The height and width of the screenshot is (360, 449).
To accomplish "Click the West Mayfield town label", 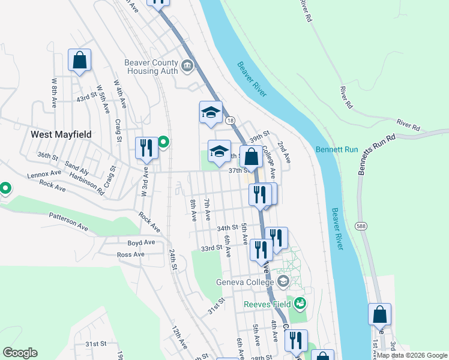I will pyautogui.click(x=61, y=134).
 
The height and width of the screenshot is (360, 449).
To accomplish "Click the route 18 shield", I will pyautogui.click(x=231, y=121).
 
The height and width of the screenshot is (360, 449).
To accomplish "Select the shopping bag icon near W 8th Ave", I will pyautogui.click(x=79, y=60).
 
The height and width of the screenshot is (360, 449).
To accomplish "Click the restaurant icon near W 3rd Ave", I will pyautogui.click(x=146, y=148).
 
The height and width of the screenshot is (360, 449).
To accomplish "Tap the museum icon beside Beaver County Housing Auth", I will pyautogui.click(x=187, y=65).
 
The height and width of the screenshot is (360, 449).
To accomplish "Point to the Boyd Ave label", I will pyautogui.click(x=141, y=242).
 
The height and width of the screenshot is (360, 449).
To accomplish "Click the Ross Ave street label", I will pyautogui.click(x=131, y=254).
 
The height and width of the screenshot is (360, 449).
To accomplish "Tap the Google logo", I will pyautogui.click(x=20, y=353).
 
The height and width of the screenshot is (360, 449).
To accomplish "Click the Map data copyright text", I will pyautogui.click(x=412, y=355).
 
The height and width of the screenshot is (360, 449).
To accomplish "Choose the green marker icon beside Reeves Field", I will pyautogui.click(x=300, y=304).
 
